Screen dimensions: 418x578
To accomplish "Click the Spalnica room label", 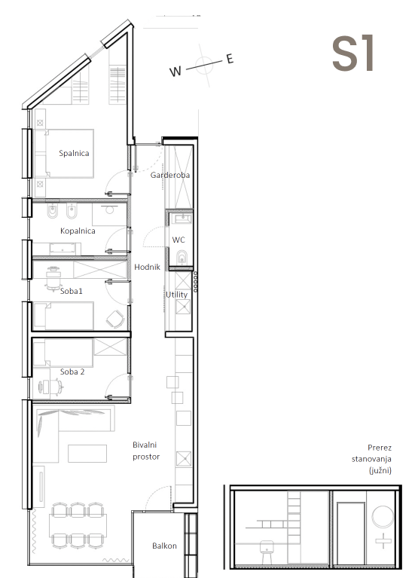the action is click(74, 153).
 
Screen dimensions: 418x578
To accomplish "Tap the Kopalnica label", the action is click(78, 231).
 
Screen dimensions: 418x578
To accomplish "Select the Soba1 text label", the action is click(72, 291).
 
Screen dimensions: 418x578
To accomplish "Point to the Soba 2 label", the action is click(72, 372).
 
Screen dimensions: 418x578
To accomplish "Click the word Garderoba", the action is click(170, 175).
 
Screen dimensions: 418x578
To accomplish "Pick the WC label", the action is click(178, 240).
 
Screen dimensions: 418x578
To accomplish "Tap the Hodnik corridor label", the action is click(147, 267).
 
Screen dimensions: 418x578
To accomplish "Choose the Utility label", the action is click(176, 295).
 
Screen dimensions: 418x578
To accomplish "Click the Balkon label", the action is click(164, 546).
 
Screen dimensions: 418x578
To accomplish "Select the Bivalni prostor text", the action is click(146, 451).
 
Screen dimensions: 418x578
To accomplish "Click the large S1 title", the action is click(353, 54).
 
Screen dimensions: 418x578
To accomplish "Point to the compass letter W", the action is click(175, 71).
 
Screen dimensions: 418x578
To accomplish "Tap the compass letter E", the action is click(230, 59).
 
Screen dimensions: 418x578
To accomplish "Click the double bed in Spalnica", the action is click(65, 153).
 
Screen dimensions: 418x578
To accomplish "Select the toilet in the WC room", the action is click(182, 258).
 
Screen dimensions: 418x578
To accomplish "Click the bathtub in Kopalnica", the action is click(66, 249).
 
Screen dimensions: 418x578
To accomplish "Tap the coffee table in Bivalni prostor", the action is click(87, 454).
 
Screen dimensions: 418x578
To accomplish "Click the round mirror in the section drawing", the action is click(383, 517).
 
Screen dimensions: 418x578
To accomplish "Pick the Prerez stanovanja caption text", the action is click(371, 459).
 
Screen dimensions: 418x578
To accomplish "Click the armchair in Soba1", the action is click(115, 319).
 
